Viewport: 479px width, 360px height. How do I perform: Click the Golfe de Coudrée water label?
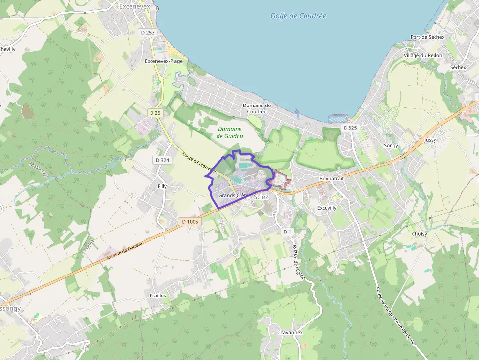click(298, 16)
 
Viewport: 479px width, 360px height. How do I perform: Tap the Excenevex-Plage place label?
click(164, 61)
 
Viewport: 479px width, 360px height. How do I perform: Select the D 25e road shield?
click(147, 33)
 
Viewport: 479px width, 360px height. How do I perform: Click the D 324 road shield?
click(162, 160)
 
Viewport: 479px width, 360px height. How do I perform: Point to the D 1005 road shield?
click(190, 222)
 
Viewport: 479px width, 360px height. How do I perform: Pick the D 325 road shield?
click(350, 128)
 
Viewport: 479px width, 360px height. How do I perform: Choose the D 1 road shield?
click(287, 232)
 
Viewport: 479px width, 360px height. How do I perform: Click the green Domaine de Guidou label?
click(230, 133)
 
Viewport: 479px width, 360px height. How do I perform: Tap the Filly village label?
click(162, 187)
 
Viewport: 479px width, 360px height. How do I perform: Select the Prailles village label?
click(158, 296)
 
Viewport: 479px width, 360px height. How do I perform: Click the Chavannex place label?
click(290, 333)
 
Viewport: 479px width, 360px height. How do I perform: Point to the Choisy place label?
click(419, 234)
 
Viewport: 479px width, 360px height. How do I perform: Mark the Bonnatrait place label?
click(332, 179)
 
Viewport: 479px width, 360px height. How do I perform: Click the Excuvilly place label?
click(327, 208)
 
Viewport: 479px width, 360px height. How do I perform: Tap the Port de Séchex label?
click(428, 37)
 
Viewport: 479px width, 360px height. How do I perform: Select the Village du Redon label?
click(423, 56)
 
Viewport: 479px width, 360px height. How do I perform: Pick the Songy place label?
click(391, 146)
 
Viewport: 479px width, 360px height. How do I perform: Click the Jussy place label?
click(430, 140)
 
